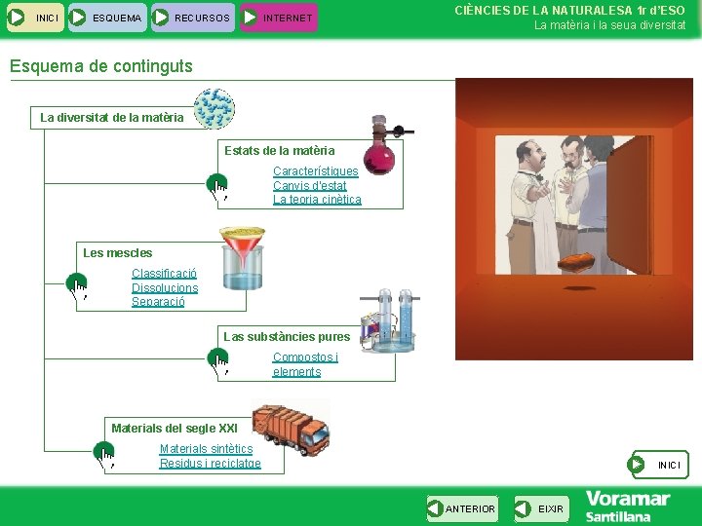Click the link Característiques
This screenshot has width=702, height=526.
click(x=315, y=171)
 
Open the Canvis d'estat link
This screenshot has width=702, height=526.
click(x=309, y=185)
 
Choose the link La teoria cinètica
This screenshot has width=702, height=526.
click(x=317, y=200)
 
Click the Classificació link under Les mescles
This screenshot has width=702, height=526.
click(x=164, y=274)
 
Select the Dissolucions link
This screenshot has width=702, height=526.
click(x=165, y=287)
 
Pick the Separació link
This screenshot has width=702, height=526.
click(x=158, y=302)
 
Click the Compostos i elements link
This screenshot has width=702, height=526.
click(x=304, y=364)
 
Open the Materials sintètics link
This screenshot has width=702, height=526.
click(x=206, y=449)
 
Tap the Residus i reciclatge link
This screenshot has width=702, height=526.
click(x=210, y=464)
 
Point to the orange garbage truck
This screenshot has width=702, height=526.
click(x=290, y=429)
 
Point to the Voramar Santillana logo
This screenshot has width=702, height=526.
click(x=627, y=507)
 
